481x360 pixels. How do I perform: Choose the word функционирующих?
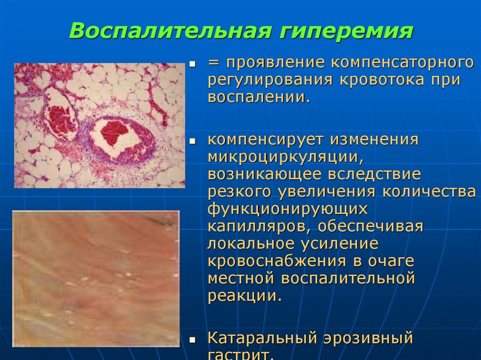pos(287,209)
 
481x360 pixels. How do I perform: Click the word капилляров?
pos(257,226)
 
